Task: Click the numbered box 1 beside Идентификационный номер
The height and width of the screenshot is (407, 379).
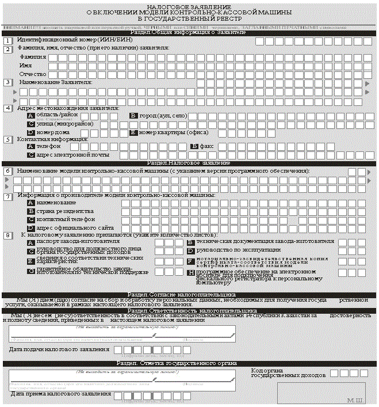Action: click(x=7, y=41)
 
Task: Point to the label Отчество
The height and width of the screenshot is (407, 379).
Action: click(x=33, y=74)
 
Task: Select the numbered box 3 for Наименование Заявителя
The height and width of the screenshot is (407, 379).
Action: click(x=7, y=82)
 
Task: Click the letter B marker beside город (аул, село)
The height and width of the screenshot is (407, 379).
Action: click(x=133, y=116)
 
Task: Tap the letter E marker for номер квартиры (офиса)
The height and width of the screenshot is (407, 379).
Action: click(x=133, y=132)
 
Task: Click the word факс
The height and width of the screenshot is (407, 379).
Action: click(x=206, y=147)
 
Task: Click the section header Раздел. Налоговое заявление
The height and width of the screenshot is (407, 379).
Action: click(x=189, y=163)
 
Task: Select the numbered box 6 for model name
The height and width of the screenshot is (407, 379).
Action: click(x=7, y=171)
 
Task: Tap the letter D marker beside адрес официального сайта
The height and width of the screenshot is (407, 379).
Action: click(x=30, y=228)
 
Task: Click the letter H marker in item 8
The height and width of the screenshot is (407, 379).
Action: click(x=190, y=272)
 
